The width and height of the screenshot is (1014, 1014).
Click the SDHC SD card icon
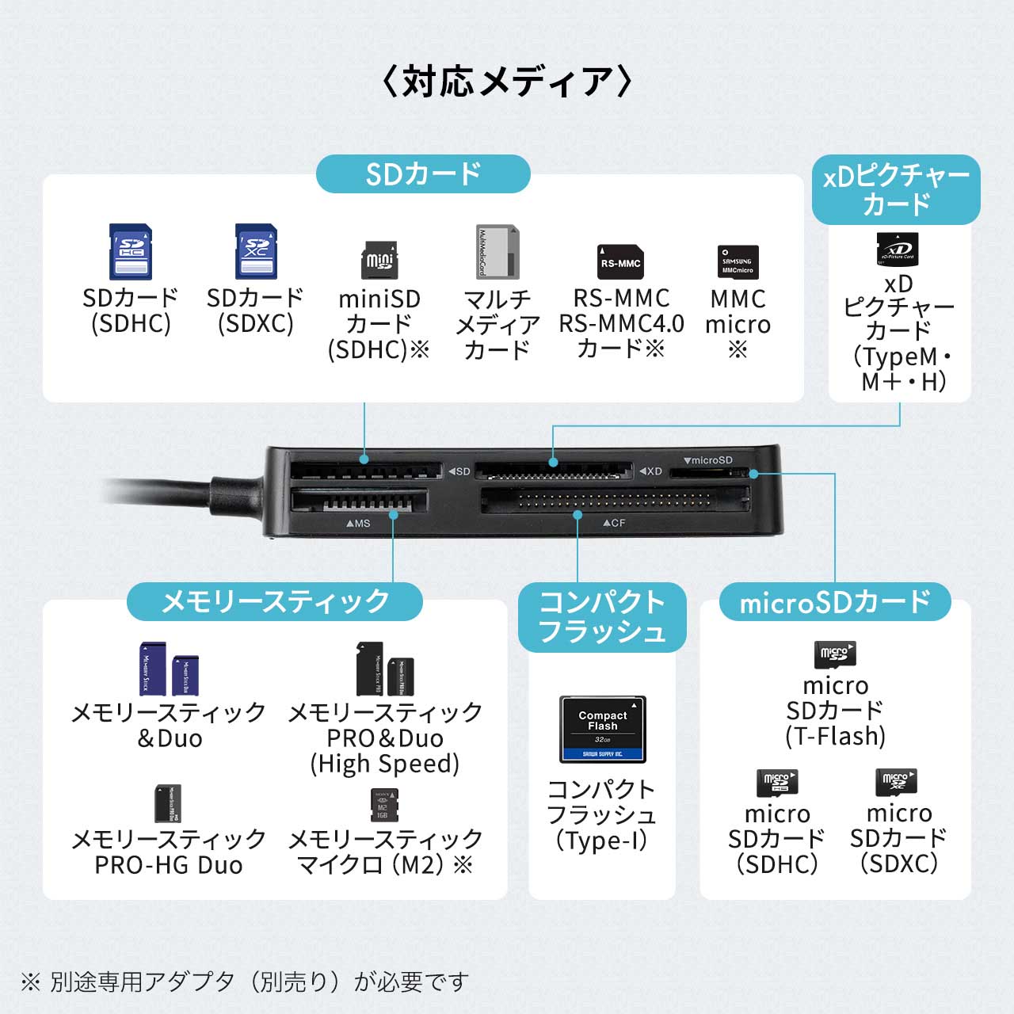click(130, 252)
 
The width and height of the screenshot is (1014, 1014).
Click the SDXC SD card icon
click(255, 252)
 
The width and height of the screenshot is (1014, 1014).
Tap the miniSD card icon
click(379, 260)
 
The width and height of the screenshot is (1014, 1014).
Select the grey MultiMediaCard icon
click(497, 252)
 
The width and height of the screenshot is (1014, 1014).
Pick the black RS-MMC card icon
click(620, 262)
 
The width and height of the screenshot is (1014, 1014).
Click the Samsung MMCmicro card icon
click(738, 262)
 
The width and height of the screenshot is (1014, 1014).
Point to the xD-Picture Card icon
click(898, 249)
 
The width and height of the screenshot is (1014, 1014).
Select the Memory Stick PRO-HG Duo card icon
click(168, 804)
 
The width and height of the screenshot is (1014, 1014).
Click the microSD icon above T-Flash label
click(835, 654)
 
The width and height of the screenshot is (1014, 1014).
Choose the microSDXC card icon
click(896, 782)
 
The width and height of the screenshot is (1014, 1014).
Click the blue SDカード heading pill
click(423, 174)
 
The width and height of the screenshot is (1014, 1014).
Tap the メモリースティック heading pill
click(275, 602)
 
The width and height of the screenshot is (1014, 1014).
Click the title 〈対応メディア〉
click(506, 82)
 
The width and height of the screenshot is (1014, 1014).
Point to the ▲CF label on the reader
click(614, 523)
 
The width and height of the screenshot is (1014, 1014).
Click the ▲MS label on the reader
click(358, 524)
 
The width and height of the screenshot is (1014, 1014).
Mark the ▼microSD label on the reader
click(708, 460)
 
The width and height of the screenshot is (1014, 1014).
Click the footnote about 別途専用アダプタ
click(246, 982)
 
